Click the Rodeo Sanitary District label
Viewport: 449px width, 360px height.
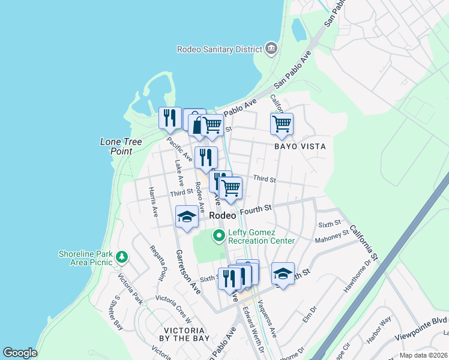pyautogui.click(x=219, y=49)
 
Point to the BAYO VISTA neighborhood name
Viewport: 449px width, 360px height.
pyautogui.click(x=300, y=146)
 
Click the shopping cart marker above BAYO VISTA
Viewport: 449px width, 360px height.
pyautogui.click(x=282, y=125)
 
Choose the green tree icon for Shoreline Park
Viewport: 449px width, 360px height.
pyautogui.click(x=122, y=257)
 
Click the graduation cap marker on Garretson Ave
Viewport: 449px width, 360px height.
pyautogui.click(x=187, y=217)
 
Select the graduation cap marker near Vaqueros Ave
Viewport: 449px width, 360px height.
pyautogui.click(x=283, y=274)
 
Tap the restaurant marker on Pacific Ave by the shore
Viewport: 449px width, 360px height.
pyautogui.click(x=170, y=117)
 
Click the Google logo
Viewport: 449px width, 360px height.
pyautogui.click(x=19, y=353)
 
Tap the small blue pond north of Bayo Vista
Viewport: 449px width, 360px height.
pyautogui.click(x=298, y=28)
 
